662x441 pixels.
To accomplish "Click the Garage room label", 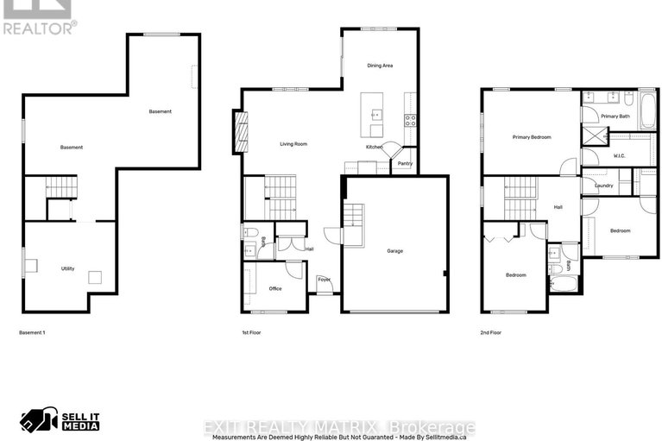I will pyautogui.click(x=394, y=251).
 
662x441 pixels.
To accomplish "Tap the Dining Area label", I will pyautogui.click(x=381, y=65).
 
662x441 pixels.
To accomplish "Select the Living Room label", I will pyautogui.click(x=293, y=144).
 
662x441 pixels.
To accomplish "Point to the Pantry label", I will pyautogui.click(x=405, y=163).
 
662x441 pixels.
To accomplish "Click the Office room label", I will pyautogui.click(x=275, y=288).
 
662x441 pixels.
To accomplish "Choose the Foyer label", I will pyautogui.click(x=324, y=280).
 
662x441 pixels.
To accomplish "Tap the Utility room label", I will pyautogui.click(x=67, y=268).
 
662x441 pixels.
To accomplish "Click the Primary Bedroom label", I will pyautogui.click(x=532, y=137).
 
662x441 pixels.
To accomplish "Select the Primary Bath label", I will pyautogui.click(x=615, y=116).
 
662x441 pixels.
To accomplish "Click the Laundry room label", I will pyautogui.click(x=603, y=186).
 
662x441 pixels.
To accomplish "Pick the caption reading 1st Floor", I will pyautogui.click(x=252, y=332).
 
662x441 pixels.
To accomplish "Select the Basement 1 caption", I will pyautogui.click(x=31, y=332).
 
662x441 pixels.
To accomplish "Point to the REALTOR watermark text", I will pyautogui.click(x=40, y=27).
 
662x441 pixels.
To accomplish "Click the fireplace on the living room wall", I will pyautogui.click(x=241, y=132).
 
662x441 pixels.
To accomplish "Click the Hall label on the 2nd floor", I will pyautogui.click(x=558, y=207).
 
